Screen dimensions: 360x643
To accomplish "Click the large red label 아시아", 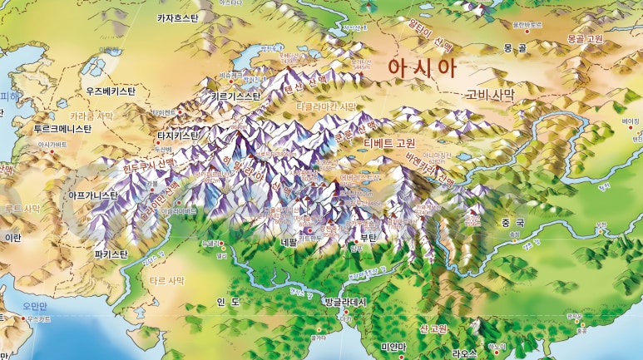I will [423, 68].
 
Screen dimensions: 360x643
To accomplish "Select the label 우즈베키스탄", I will [116, 90].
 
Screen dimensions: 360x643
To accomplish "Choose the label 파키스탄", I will [111, 253].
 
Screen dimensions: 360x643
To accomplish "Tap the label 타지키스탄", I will [178, 135].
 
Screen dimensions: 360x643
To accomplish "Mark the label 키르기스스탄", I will [236, 96].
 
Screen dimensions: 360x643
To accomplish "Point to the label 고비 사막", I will [491, 95].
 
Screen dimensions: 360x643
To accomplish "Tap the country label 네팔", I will [289, 243].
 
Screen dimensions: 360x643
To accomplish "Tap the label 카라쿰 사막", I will [91, 116].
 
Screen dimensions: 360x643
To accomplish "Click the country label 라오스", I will [463, 353].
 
